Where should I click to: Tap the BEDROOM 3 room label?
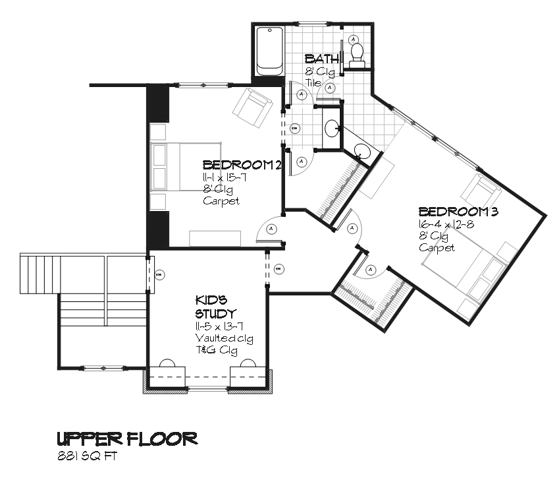pos(458,212)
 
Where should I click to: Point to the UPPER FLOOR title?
pos(126,439)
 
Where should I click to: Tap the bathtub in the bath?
pos(269,51)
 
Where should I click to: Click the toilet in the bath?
pos(358,53)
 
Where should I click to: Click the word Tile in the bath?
pos(312,83)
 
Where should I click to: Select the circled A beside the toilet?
pos(354,39)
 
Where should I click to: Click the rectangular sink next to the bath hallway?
pos(331,127)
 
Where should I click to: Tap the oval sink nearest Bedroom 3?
pos(364,151)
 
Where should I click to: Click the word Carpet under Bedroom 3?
pos(437,248)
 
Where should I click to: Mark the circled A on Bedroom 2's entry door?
pos(271,229)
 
